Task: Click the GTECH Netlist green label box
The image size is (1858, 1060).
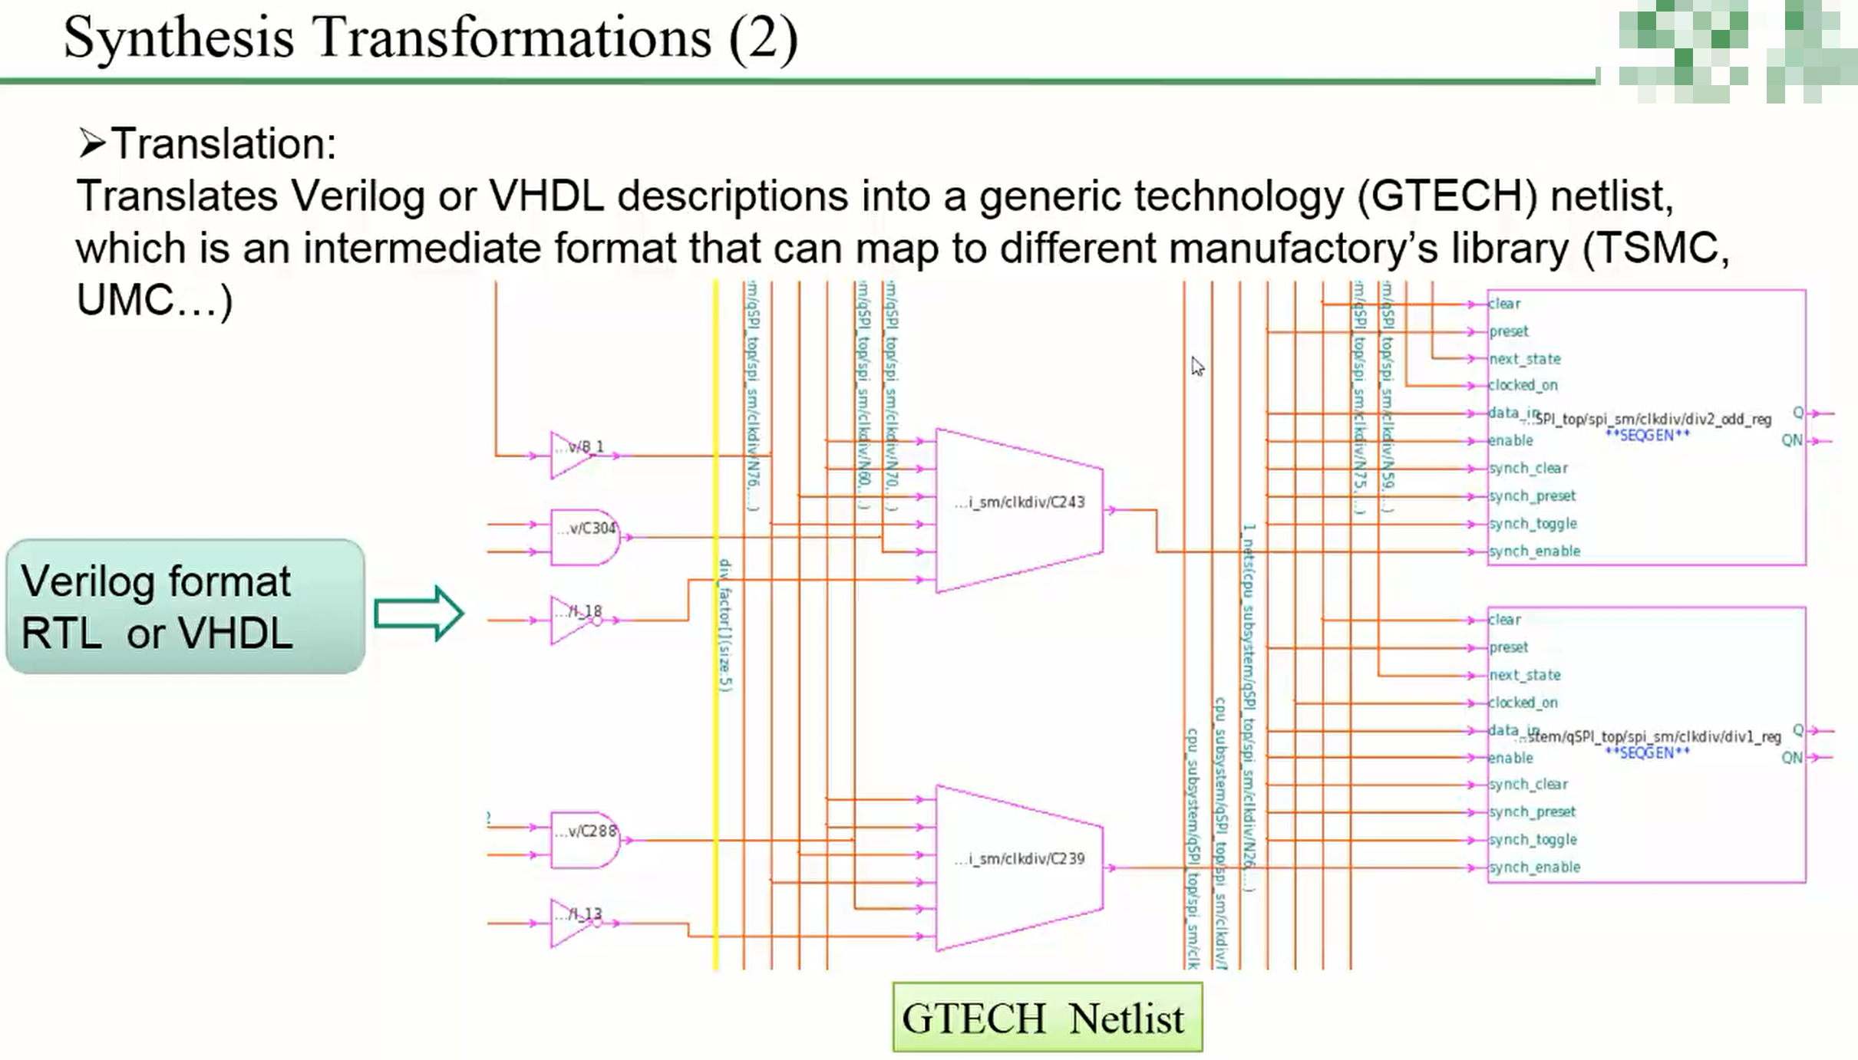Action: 1047,1018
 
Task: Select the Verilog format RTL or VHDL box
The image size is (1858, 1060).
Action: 185,607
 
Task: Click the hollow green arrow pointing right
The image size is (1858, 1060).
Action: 418,613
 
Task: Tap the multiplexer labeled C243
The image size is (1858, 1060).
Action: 1019,510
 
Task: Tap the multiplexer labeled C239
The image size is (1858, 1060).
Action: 1019,867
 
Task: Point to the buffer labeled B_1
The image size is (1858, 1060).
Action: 573,455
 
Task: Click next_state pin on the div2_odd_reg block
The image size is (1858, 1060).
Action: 1524,359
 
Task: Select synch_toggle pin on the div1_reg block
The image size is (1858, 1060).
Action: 1533,839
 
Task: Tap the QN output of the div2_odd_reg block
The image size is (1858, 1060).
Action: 1791,440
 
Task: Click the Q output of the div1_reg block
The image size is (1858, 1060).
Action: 1797,729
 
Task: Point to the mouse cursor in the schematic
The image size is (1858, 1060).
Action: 1197,367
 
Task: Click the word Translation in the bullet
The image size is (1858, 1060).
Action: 223,143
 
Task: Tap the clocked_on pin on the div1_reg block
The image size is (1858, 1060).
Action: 1523,703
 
